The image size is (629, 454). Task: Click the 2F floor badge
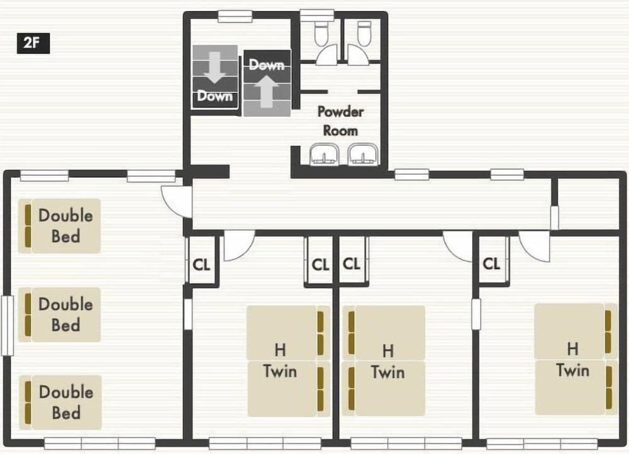(33, 44)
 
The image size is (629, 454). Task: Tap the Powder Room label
(340, 121)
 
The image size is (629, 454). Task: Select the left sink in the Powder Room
(325, 154)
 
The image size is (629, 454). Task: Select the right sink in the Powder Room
(364, 154)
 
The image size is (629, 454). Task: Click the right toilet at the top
(364, 34)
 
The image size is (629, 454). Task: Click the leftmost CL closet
(201, 264)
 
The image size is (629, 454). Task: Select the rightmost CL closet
(491, 263)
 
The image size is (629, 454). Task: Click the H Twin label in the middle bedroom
(387, 361)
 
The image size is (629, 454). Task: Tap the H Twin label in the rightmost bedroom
(572, 359)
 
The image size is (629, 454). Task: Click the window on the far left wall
(7, 326)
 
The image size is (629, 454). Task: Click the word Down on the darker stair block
(214, 96)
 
